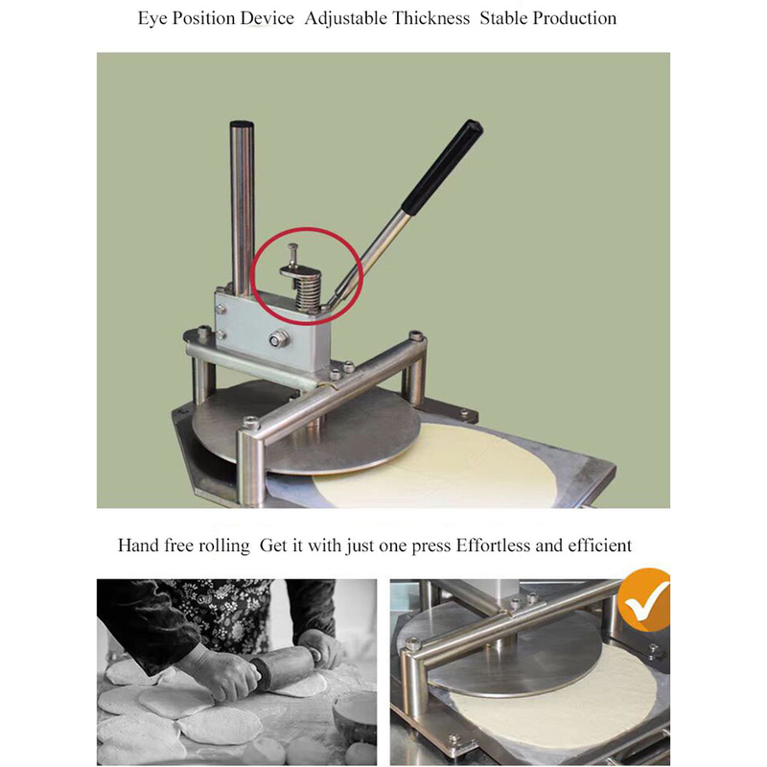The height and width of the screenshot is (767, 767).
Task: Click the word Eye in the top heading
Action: point(152,19)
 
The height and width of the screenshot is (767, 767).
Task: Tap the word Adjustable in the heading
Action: point(346,19)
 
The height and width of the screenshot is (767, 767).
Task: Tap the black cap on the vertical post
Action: point(242,125)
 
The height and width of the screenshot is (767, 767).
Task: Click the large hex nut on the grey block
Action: point(278,338)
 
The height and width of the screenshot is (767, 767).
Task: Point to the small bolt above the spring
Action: point(292,254)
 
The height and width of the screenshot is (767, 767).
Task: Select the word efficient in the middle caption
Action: point(600,546)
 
